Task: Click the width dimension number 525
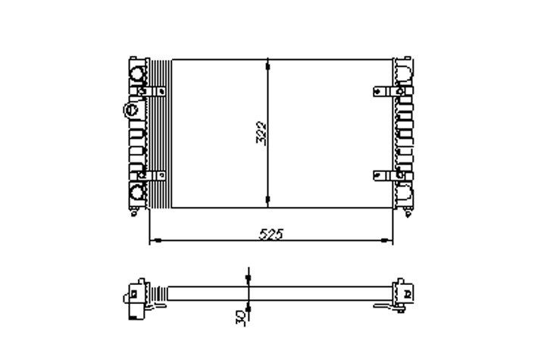(271, 234)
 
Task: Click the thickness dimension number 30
(239, 313)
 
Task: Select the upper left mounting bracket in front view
(157, 92)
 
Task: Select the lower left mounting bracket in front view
(157, 176)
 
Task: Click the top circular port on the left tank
(139, 74)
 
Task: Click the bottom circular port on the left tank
(139, 193)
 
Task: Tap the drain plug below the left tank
(135, 211)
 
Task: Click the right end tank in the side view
(402, 292)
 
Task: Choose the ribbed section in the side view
(159, 292)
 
